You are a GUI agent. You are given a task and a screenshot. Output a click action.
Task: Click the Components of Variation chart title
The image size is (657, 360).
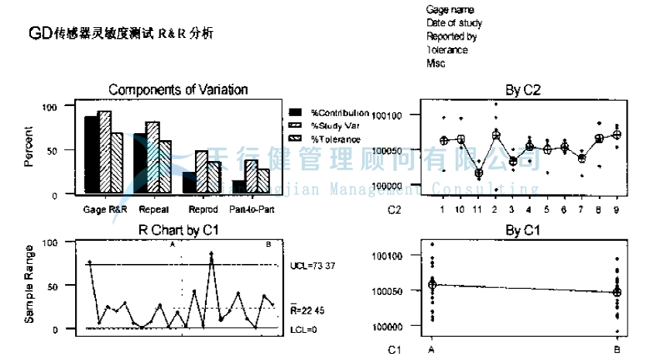click(x=178, y=90)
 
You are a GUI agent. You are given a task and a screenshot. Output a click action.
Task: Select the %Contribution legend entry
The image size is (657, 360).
click(x=340, y=113)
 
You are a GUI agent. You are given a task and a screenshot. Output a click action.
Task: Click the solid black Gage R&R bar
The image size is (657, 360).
click(x=91, y=155)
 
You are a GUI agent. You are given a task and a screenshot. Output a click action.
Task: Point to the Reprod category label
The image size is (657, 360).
click(x=202, y=209)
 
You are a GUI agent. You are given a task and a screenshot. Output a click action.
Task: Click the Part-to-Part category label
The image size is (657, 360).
click(x=251, y=209)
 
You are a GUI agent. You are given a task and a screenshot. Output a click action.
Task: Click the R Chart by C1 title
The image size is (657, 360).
click(x=178, y=231)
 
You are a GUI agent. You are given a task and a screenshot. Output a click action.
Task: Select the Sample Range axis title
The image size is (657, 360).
click(x=29, y=284)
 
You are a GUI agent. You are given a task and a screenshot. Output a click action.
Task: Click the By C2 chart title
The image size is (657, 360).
click(x=523, y=91)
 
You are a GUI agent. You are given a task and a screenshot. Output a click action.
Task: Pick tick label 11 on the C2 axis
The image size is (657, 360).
click(x=478, y=209)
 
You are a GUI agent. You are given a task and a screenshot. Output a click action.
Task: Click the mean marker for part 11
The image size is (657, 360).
click(x=478, y=173)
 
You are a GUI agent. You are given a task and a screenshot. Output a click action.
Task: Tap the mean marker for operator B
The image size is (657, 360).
click(x=617, y=292)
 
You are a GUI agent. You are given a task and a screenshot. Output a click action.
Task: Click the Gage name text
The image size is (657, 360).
click(x=450, y=9)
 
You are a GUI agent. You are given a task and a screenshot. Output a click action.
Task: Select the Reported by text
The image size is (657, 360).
click(x=451, y=36)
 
